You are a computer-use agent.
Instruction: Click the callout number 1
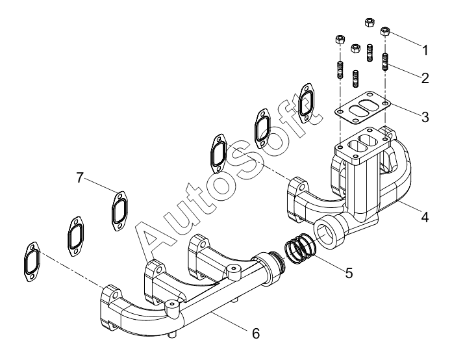click(x=425, y=51)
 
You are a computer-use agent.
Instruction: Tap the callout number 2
click(x=425, y=78)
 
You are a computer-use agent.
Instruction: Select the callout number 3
click(x=425, y=117)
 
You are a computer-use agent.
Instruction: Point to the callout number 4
click(x=425, y=217)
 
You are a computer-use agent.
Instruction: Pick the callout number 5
click(x=349, y=273)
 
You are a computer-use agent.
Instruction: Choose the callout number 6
click(x=256, y=333)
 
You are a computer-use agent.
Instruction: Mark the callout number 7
click(x=80, y=177)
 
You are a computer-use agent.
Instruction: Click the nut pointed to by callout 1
click(x=385, y=31)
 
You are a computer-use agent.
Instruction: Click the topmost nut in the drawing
click(x=369, y=22)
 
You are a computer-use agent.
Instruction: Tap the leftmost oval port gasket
click(x=32, y=262)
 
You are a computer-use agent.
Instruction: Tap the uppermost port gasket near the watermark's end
click(x=305, y=103)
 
